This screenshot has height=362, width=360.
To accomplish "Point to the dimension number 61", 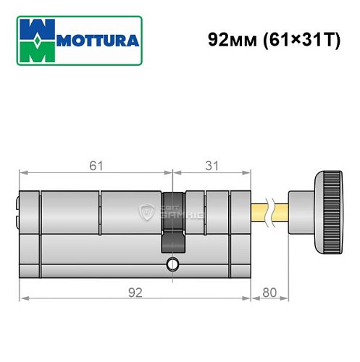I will (x=96, y=166).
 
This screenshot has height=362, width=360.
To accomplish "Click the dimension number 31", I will (x=212, y=166).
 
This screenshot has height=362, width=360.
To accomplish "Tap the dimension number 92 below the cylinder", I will (x=134, y=292).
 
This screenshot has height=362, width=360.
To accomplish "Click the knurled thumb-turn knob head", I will (x=330, y=211).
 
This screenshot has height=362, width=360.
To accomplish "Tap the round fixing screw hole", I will (x=172, y=264).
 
